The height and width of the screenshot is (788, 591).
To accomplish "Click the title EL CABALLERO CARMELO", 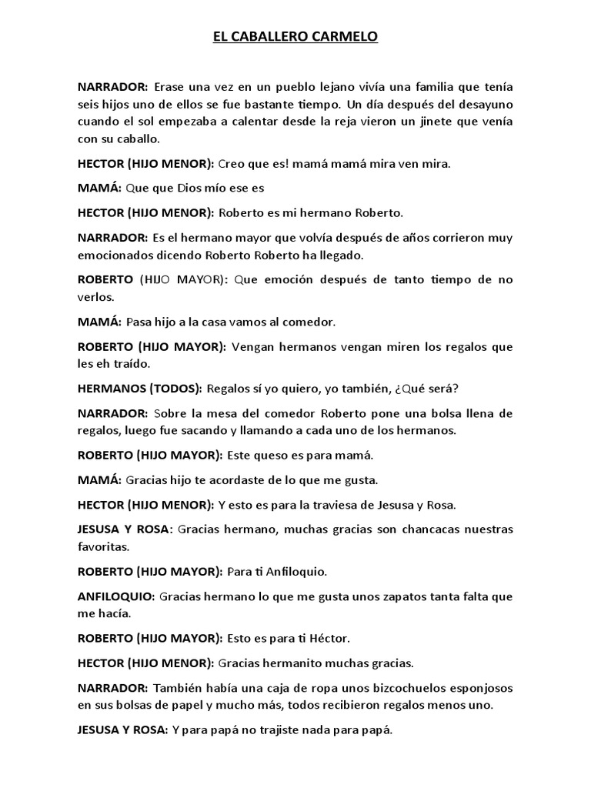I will coord(295,36).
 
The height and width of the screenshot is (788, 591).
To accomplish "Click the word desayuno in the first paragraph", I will coord(485,104).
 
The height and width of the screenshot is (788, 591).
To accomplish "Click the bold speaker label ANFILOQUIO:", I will coord(116,596).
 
